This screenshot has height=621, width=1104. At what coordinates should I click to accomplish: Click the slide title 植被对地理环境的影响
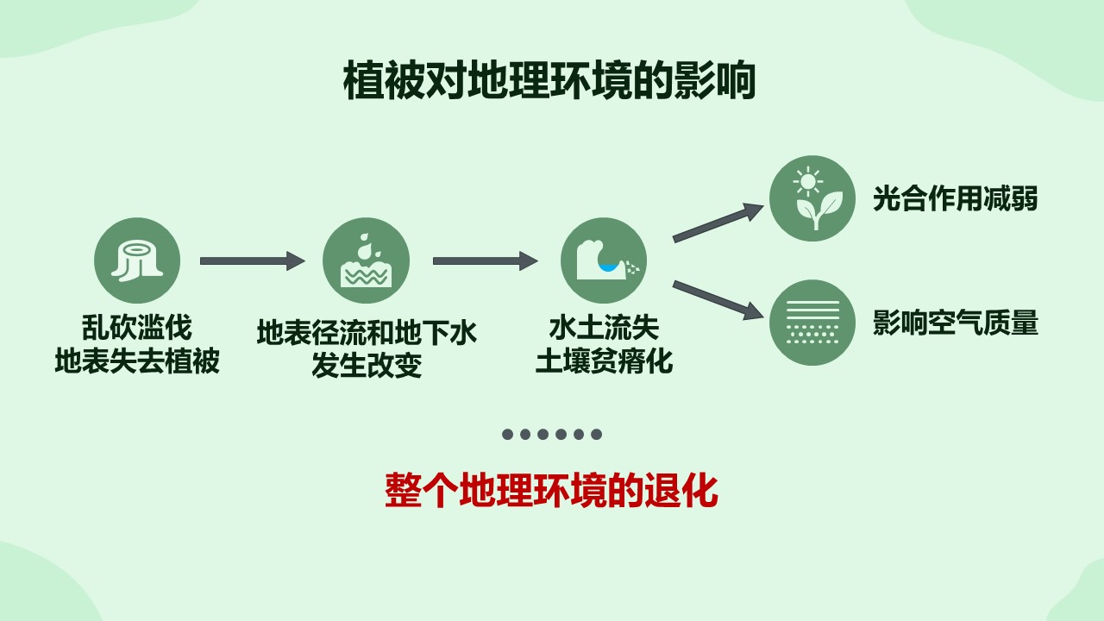549,81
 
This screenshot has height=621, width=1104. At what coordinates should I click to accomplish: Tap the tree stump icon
137,260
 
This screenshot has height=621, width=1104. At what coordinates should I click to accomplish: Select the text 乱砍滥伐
137,328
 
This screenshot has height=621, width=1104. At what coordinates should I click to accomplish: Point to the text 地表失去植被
137,361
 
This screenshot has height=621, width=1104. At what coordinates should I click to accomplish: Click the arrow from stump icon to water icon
252,260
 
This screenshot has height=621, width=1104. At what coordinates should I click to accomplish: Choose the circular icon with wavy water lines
366,260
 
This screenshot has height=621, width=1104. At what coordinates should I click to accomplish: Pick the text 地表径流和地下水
367,333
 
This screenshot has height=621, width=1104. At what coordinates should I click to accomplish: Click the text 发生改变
367,366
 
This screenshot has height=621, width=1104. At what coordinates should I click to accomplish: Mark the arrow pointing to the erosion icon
485,260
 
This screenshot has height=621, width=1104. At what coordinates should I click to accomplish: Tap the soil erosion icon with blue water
604,260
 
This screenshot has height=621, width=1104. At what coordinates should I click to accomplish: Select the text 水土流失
604,328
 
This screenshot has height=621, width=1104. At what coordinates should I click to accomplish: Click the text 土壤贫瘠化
604,361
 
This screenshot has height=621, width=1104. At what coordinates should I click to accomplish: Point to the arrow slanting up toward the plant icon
718,223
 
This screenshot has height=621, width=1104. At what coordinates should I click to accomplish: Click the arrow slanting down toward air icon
718,299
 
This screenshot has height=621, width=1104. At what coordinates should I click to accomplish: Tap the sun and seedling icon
812,198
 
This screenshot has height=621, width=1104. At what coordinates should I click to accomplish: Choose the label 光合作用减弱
955,199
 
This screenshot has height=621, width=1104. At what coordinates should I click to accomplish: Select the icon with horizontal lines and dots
812,323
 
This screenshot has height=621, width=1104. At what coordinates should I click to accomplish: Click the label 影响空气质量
955,323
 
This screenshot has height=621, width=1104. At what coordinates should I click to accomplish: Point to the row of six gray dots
552,434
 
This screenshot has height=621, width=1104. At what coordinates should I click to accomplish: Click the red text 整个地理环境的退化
551,491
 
